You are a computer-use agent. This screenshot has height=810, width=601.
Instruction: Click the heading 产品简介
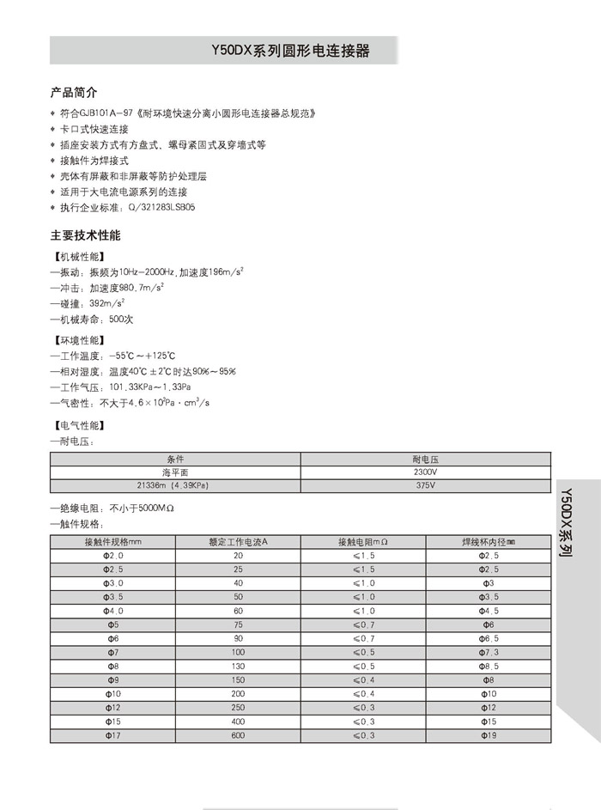click(75, 92)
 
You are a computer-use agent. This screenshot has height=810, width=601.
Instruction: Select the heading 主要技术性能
click(86, 234)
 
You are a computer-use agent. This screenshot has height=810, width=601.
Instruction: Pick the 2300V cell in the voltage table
click(425, 472)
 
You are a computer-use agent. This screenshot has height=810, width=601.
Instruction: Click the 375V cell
click(425, 485)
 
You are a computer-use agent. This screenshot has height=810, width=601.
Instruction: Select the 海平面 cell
click(175, 472)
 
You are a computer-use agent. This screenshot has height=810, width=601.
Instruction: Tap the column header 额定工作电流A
click(238, 542)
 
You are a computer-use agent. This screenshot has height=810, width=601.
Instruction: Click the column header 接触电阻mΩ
click(362, 542)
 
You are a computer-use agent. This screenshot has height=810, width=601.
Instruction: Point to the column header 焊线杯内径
click(487, 542)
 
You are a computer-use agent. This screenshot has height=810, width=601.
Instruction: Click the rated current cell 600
click(238, 735)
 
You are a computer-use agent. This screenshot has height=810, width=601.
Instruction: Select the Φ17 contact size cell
click(113, 735)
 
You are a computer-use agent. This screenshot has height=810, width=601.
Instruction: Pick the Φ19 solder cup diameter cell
click(487, 735)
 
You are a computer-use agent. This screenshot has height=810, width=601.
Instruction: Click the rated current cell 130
click(238, 666)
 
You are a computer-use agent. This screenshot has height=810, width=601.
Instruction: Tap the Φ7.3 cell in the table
click(487, 652)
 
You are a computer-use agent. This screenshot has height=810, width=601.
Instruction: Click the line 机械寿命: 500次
click(93, 320)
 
